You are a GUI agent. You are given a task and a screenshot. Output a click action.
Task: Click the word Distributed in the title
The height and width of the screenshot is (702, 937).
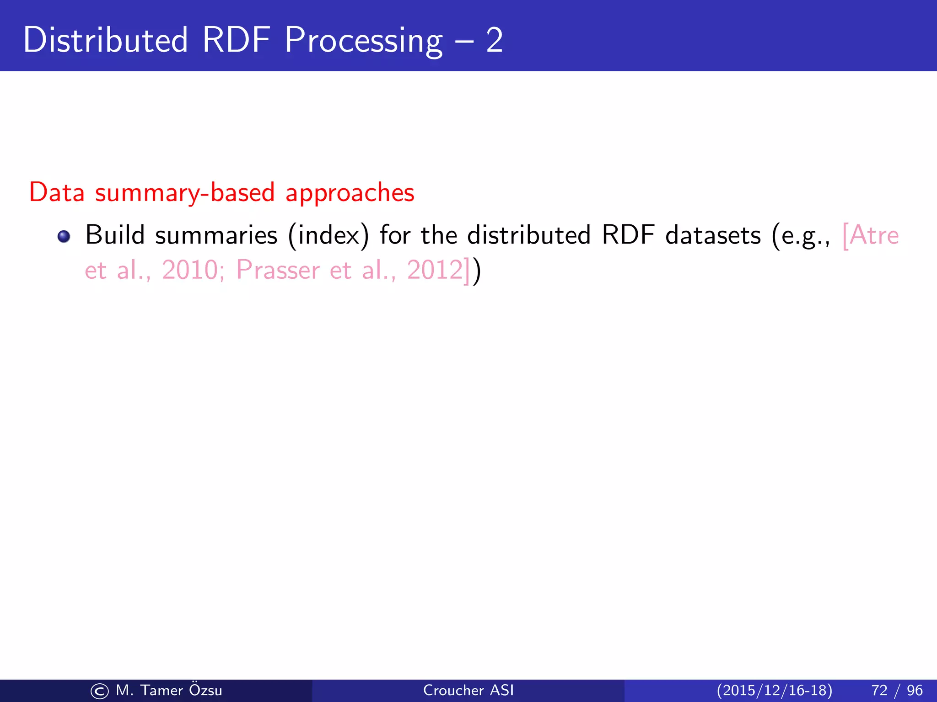[x=105, y=40]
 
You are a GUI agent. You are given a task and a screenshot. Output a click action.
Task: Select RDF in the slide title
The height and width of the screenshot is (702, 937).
[x=236, y=40]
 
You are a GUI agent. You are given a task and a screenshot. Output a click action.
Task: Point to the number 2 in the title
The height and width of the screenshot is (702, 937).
[x=494, y=40]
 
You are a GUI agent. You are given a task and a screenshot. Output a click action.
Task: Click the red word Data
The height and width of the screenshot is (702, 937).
[x=57, y=192]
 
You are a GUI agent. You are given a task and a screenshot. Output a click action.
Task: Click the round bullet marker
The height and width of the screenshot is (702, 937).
[x=64, y=236]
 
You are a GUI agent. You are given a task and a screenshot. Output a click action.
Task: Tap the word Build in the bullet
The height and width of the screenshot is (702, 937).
[x=115, y=235]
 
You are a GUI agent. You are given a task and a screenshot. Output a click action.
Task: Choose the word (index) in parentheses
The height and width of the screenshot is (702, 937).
[x=328, y=236]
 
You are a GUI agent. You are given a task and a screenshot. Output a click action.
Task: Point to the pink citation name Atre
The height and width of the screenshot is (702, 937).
[x=873, y=236]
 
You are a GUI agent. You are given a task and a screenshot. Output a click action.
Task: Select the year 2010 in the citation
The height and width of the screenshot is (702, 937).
[x=190, y=270]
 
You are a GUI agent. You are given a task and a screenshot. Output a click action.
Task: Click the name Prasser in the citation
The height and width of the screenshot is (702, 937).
[x=278, y=270]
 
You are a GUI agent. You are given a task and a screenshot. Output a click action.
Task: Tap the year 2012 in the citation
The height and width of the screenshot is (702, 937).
[x=435, y=270]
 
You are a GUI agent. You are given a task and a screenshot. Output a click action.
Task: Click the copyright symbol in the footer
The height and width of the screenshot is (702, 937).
[x=99, y=691]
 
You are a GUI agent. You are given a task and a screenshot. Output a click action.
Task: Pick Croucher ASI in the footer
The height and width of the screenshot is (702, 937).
[x=468, y=690]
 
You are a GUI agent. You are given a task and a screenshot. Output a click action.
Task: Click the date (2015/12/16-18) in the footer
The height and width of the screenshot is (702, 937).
[x=774, y=690]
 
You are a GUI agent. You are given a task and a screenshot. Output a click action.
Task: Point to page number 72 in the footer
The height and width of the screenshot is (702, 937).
[x=879, y=690]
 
